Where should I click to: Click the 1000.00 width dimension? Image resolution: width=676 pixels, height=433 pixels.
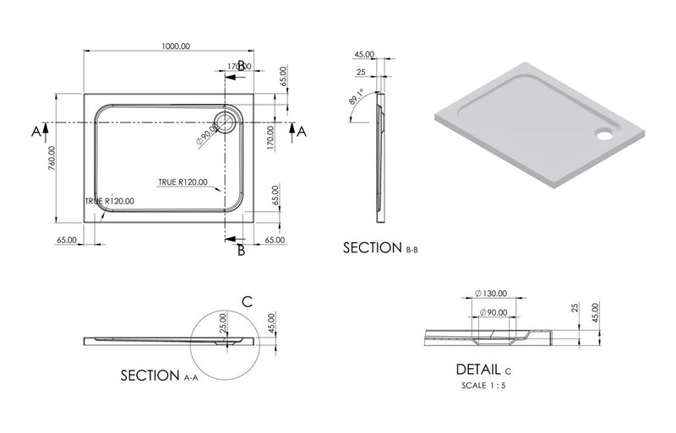point(175,46)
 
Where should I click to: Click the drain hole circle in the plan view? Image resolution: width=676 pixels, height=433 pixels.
point(229,119)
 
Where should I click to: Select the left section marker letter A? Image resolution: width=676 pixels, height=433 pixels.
point(35,131)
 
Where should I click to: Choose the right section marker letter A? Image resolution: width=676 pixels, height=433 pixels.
point(302,130)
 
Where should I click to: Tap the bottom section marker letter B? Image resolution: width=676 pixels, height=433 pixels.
point(241,250)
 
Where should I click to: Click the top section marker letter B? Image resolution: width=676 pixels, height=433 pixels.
point(241,65)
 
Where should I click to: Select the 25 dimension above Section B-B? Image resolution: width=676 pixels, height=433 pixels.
point(361,73)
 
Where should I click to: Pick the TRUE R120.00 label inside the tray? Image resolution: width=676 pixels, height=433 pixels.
point(182,182)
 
